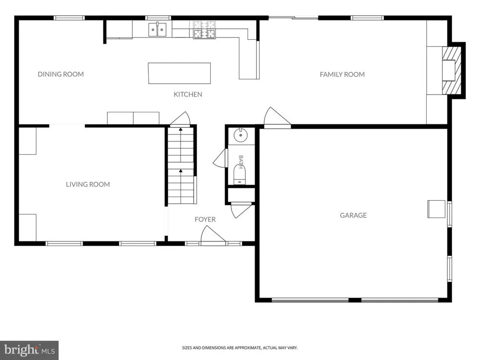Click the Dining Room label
tap(60, 74)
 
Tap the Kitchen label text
tap(188, 94)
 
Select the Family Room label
tap(342, 74)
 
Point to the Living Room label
tap(88, 184)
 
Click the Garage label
tap(353, 215)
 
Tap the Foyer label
tap(205, 219)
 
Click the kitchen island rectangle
tap(180, 73)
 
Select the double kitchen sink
tap(157, 30)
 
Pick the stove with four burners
tap(204, 30)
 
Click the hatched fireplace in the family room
tap(452, 70)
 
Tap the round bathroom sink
tap(240, 135)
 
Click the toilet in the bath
tap(240, 175)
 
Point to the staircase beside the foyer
tap(181, 165)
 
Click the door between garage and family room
tap(277, 118)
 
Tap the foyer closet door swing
tap(241, 210)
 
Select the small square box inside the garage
tap(436, 209)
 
